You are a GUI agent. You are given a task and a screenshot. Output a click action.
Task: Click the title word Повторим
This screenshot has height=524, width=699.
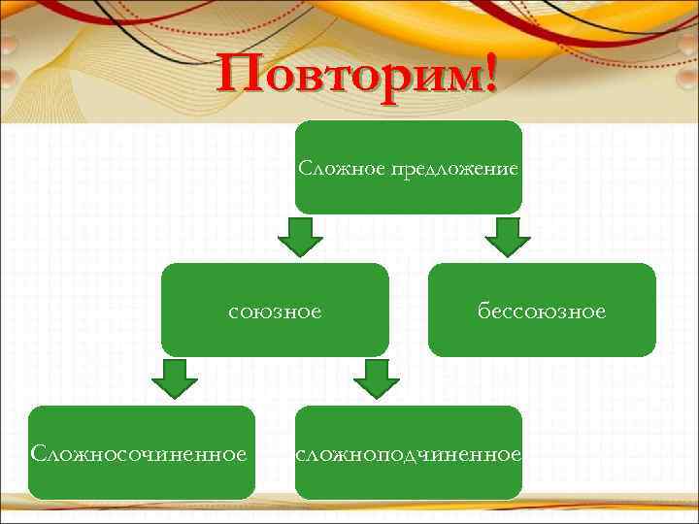(x=349, y=77)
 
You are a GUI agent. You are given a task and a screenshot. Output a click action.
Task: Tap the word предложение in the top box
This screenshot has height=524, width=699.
(x=453, y=170)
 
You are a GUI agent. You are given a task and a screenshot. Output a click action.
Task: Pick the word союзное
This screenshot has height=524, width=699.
(x=275, y=311)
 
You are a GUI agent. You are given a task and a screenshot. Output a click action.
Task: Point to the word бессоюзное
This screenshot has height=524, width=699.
(x=542, y=311)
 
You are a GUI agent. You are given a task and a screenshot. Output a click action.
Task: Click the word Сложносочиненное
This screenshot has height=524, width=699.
(x=139, y=453)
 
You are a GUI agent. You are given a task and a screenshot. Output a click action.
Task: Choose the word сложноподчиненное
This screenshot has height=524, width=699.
(x=409, y=453)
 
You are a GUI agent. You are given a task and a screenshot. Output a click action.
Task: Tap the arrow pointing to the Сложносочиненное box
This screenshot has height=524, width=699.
(x=175, y=379)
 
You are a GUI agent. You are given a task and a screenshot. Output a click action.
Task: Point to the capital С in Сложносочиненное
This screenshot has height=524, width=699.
(x=38, y=453)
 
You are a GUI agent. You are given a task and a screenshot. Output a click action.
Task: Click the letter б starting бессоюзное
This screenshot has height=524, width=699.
(x=483, y=311)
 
